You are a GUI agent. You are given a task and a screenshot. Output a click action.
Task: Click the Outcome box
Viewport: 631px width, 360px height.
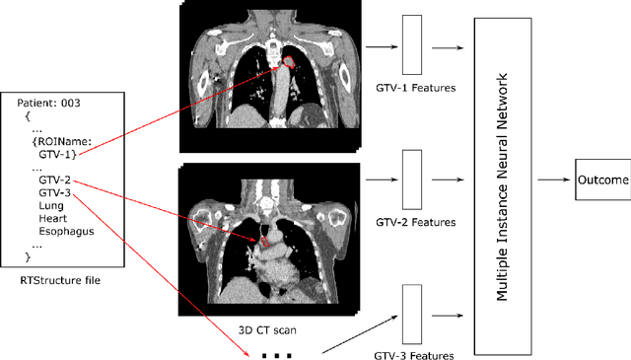pos(602,180)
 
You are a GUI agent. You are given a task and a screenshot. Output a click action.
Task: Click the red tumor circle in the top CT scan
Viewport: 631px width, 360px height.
pos(289,63)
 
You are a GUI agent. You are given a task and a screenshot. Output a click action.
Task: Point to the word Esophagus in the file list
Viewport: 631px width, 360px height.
pos(62,230)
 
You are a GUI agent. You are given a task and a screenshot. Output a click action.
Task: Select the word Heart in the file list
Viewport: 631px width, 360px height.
pos(52,217)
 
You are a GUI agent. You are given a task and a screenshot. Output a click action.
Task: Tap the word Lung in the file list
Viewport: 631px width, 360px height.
pos(50,204)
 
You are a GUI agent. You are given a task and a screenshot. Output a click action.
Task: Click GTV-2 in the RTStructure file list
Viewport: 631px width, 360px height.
pos(54,180)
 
